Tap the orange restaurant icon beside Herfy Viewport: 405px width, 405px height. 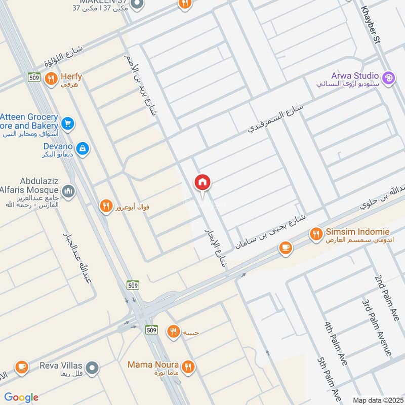click(x=51, y=78)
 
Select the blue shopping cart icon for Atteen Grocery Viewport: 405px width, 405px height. click(x=68, y=123)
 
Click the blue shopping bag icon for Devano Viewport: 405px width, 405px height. click(x=84, y=148)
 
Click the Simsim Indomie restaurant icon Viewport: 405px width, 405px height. click(x=316, y=233)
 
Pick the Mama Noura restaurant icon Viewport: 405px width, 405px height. click(x=188, y=366)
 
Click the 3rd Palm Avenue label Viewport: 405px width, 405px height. click(x=377, y=327)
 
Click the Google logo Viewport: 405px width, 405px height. click(x=21, y=397)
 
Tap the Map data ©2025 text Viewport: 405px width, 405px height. click(x=377, y=400)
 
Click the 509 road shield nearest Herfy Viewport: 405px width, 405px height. click(x=34, y=77)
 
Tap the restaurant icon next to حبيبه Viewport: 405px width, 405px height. click(x=173, y=332)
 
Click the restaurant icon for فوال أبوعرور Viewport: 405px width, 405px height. click(x=105, y=206)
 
